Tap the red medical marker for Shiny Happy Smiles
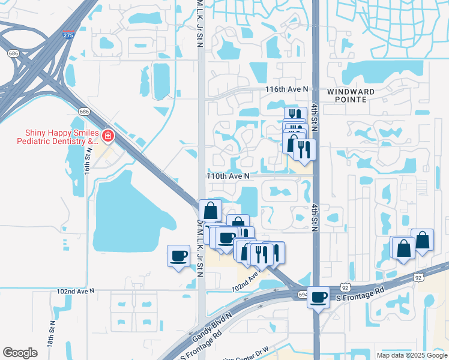(x=107, y=136)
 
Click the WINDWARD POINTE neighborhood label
(x=351, y=96)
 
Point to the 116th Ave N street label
(x=287, y=89)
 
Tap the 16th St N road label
(x=87, y=163)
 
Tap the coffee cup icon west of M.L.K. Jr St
(x=178, y=256)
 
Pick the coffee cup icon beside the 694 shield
(x=319, y=296)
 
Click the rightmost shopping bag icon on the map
(x=423, y=240)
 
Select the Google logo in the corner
(x=20, y=353)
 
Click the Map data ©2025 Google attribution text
(x=411, y=355)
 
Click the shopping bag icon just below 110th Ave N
(x=211, y=211)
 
